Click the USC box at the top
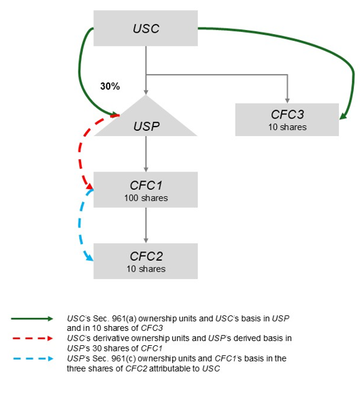tap(145, 29)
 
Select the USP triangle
tap(146, 121)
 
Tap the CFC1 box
tap(146, 189)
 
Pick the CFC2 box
tap(146, 261)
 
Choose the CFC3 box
tap(287, 119)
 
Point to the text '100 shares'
tap(146, 198)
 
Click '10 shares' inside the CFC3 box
tap(287, 127)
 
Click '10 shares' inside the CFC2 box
tap(146, 269)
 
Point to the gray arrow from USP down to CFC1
tap(146, 154)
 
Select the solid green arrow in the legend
tap(31, 318)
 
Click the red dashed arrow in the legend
tap(31, 337)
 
